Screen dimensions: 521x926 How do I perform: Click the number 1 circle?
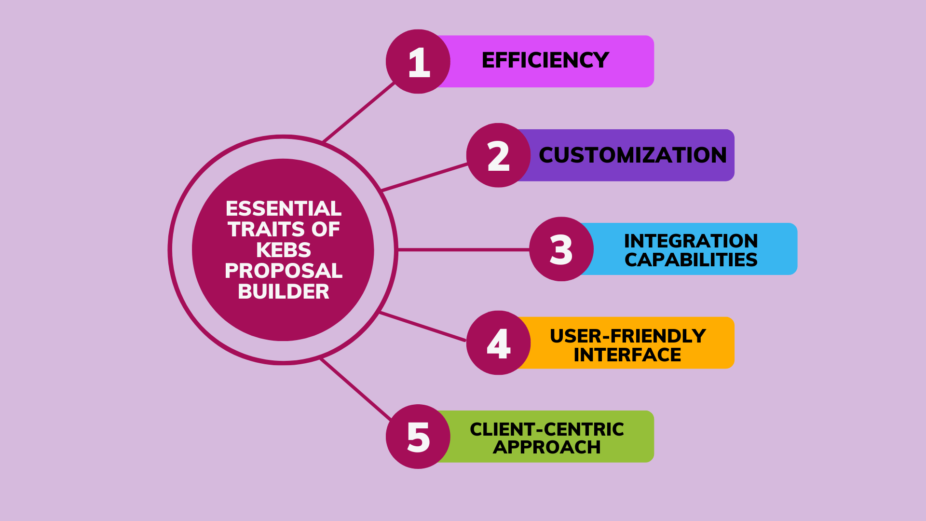click(418, 62)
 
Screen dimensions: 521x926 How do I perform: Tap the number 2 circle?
click(498, 155)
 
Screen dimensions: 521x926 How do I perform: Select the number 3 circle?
click(561, 249)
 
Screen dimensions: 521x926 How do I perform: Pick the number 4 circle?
click(498, 343)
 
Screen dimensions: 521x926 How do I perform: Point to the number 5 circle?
click(418, 437)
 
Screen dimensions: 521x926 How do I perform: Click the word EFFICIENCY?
click(545, 60)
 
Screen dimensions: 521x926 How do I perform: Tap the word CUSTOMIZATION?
click(632, 155)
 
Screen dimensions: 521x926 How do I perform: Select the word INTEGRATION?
click(691, 241)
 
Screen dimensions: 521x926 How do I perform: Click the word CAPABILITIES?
click(691, 260)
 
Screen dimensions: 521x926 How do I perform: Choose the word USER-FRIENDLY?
click(627, 336)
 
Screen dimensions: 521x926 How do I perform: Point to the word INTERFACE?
click(627, 355)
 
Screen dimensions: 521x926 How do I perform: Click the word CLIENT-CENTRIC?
click(546, 429)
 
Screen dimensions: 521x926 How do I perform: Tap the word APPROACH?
click(546, 448)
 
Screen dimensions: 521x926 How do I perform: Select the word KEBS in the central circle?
click(283, 250)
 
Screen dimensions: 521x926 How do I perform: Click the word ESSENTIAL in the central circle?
click(283, 208)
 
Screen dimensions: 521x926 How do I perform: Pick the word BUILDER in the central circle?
click(283, 291)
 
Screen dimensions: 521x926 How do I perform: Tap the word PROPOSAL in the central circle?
click(283, 271)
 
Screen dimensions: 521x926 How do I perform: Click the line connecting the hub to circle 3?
click(463, 249)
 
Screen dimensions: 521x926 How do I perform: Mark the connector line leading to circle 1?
click(359, 112)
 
